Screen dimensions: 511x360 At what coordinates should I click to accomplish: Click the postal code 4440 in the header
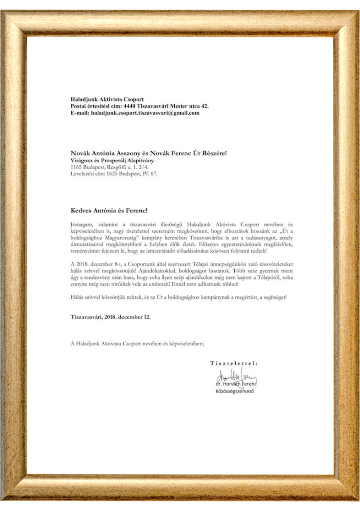click(131, 106)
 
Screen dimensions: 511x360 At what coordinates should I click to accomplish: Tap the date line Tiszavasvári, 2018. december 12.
click(110, 316)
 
